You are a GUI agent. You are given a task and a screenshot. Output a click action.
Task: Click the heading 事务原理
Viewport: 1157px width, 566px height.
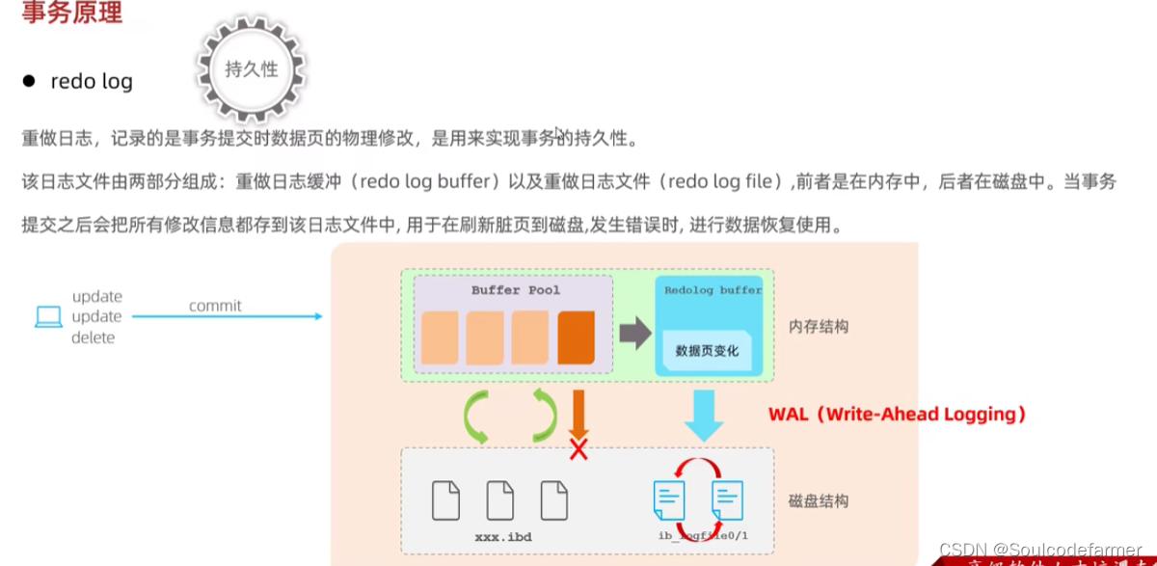coord(71,14)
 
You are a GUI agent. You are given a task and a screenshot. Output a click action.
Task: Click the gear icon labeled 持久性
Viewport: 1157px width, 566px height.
coord(251,69)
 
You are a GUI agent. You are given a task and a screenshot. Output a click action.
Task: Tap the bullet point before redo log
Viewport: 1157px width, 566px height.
coord(29,81)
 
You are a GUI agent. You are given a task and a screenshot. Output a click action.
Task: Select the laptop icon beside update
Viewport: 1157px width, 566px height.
coord(48,316)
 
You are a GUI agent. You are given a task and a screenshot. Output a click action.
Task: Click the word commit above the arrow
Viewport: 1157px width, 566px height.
coord(215,306)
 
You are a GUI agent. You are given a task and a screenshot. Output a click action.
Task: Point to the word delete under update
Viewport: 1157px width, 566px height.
coord(93,337)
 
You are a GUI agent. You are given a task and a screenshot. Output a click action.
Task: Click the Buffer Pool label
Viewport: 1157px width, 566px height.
coord(515,289)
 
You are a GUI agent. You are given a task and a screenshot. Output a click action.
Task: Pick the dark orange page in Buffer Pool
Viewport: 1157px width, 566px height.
coord(576,337)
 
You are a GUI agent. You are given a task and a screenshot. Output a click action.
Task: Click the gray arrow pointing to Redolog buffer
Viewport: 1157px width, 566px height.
coord(634,334)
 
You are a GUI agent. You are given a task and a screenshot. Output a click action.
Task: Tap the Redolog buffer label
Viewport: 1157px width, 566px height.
coord(713,289)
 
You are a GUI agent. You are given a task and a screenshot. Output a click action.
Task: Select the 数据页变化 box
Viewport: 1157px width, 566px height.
coord(707,351)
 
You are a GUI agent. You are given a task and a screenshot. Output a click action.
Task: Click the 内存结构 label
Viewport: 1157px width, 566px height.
coord(819,326)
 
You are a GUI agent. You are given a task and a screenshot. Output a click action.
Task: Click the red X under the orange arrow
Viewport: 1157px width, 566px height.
coord(578,448)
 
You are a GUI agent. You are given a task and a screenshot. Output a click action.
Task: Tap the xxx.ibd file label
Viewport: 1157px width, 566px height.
coord(503,535)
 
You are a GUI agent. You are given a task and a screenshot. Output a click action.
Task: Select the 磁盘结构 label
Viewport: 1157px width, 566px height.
coord(819,500)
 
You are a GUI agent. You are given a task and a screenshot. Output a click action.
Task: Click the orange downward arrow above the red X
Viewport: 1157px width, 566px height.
coord(578,413)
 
